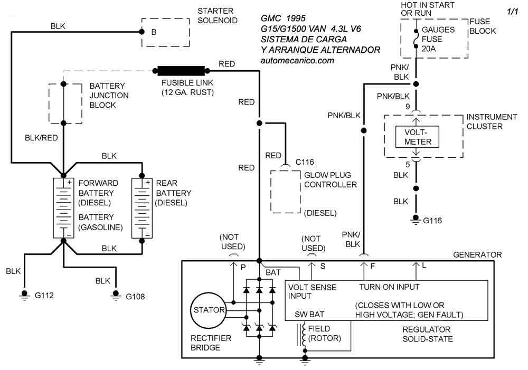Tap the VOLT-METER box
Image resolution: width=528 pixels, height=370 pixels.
(418, 136)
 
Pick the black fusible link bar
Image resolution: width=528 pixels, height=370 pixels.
(181, 70)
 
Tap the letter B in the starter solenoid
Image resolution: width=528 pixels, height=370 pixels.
(154, 32)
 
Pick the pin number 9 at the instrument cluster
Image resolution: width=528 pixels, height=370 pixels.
(408, 106)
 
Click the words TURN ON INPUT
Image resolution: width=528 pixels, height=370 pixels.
(389, 287)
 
